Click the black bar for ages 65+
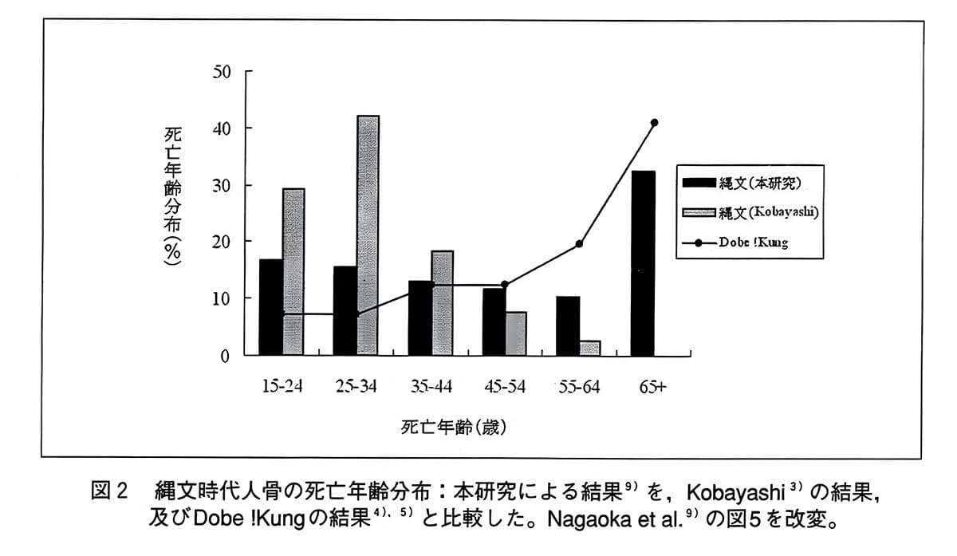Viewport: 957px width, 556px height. pyautogui.click(x=643, y=263)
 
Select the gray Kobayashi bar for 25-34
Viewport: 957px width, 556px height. pyautogui.click(x=368, y=235)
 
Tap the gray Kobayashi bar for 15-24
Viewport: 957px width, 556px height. pyautogui.click(x=293, y=271)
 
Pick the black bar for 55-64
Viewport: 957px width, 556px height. pyautogui.click(x=568, y=325)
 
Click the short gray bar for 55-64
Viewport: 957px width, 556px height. pyautogui.click(x=590, y=348)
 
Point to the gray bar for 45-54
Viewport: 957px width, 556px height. pyautogui.click(x=516, y=333)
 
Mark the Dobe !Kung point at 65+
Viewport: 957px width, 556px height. pyautogui.click(x=654, y=123)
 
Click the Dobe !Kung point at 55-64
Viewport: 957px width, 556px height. pyautogui.click(x=580, y=244)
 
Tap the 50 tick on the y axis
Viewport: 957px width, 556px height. pyautogui.click(x=221, y=72)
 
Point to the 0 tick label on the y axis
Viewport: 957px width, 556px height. pyautogui.click(x=225, y=356)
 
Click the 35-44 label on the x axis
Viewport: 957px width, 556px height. pyautogui.click(x=431, y=387)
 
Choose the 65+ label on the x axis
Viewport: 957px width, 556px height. pyautogui.click(x=652, y=387)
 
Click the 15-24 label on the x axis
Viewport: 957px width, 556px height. pyautogui.click(x=282, y=387)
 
